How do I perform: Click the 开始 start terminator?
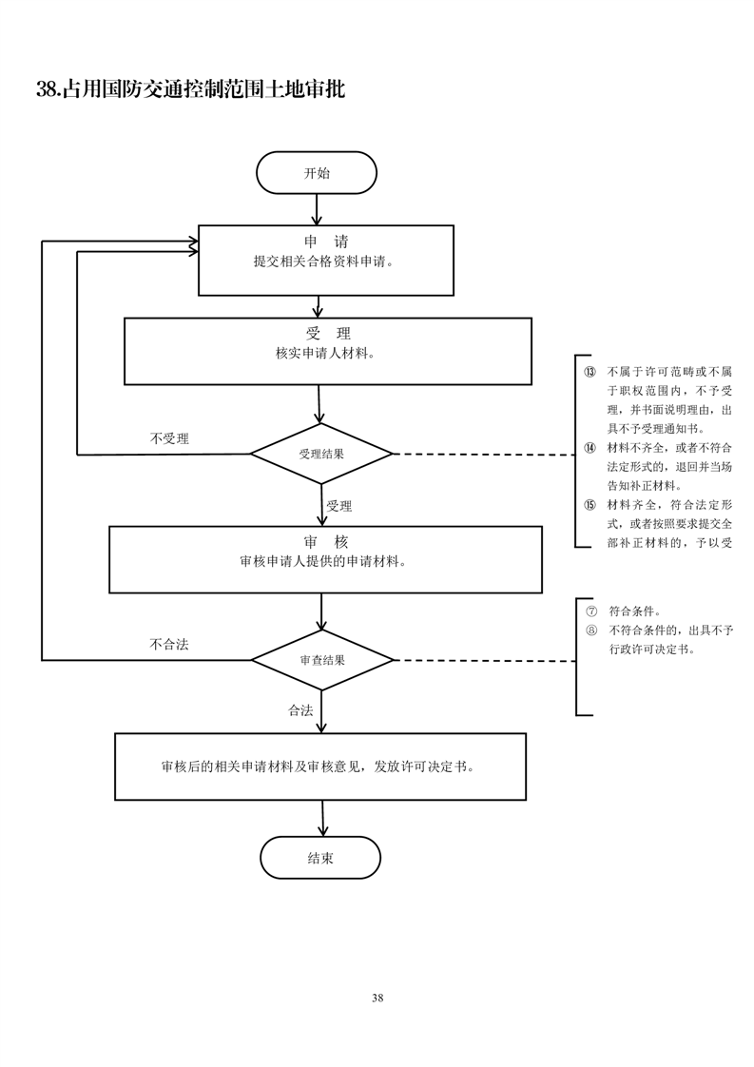tap(317, 173)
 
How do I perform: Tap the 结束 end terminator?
tap(320, 858)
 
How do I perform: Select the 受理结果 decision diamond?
tap(321, 454)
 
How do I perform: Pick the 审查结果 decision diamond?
tap(321, 659)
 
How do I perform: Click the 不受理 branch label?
tap(169, 438)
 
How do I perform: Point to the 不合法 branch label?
tap(169, 644)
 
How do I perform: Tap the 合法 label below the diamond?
tap(300, 710)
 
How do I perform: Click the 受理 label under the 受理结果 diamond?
tap(339, 506)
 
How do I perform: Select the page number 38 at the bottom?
tap(377, 998)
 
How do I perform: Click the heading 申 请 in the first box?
tap(325, 242)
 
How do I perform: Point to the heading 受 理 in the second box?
tap(328, 334)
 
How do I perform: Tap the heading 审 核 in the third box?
tap(326, 541)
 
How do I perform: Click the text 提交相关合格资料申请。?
tap(324, 262)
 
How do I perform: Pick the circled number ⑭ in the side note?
tap(590, 448)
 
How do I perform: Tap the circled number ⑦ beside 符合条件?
tap(590, 611)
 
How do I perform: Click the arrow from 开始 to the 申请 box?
tap(317, 209)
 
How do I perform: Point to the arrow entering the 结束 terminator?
tap(323, 818)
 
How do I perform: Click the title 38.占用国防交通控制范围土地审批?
tap(190, 90)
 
